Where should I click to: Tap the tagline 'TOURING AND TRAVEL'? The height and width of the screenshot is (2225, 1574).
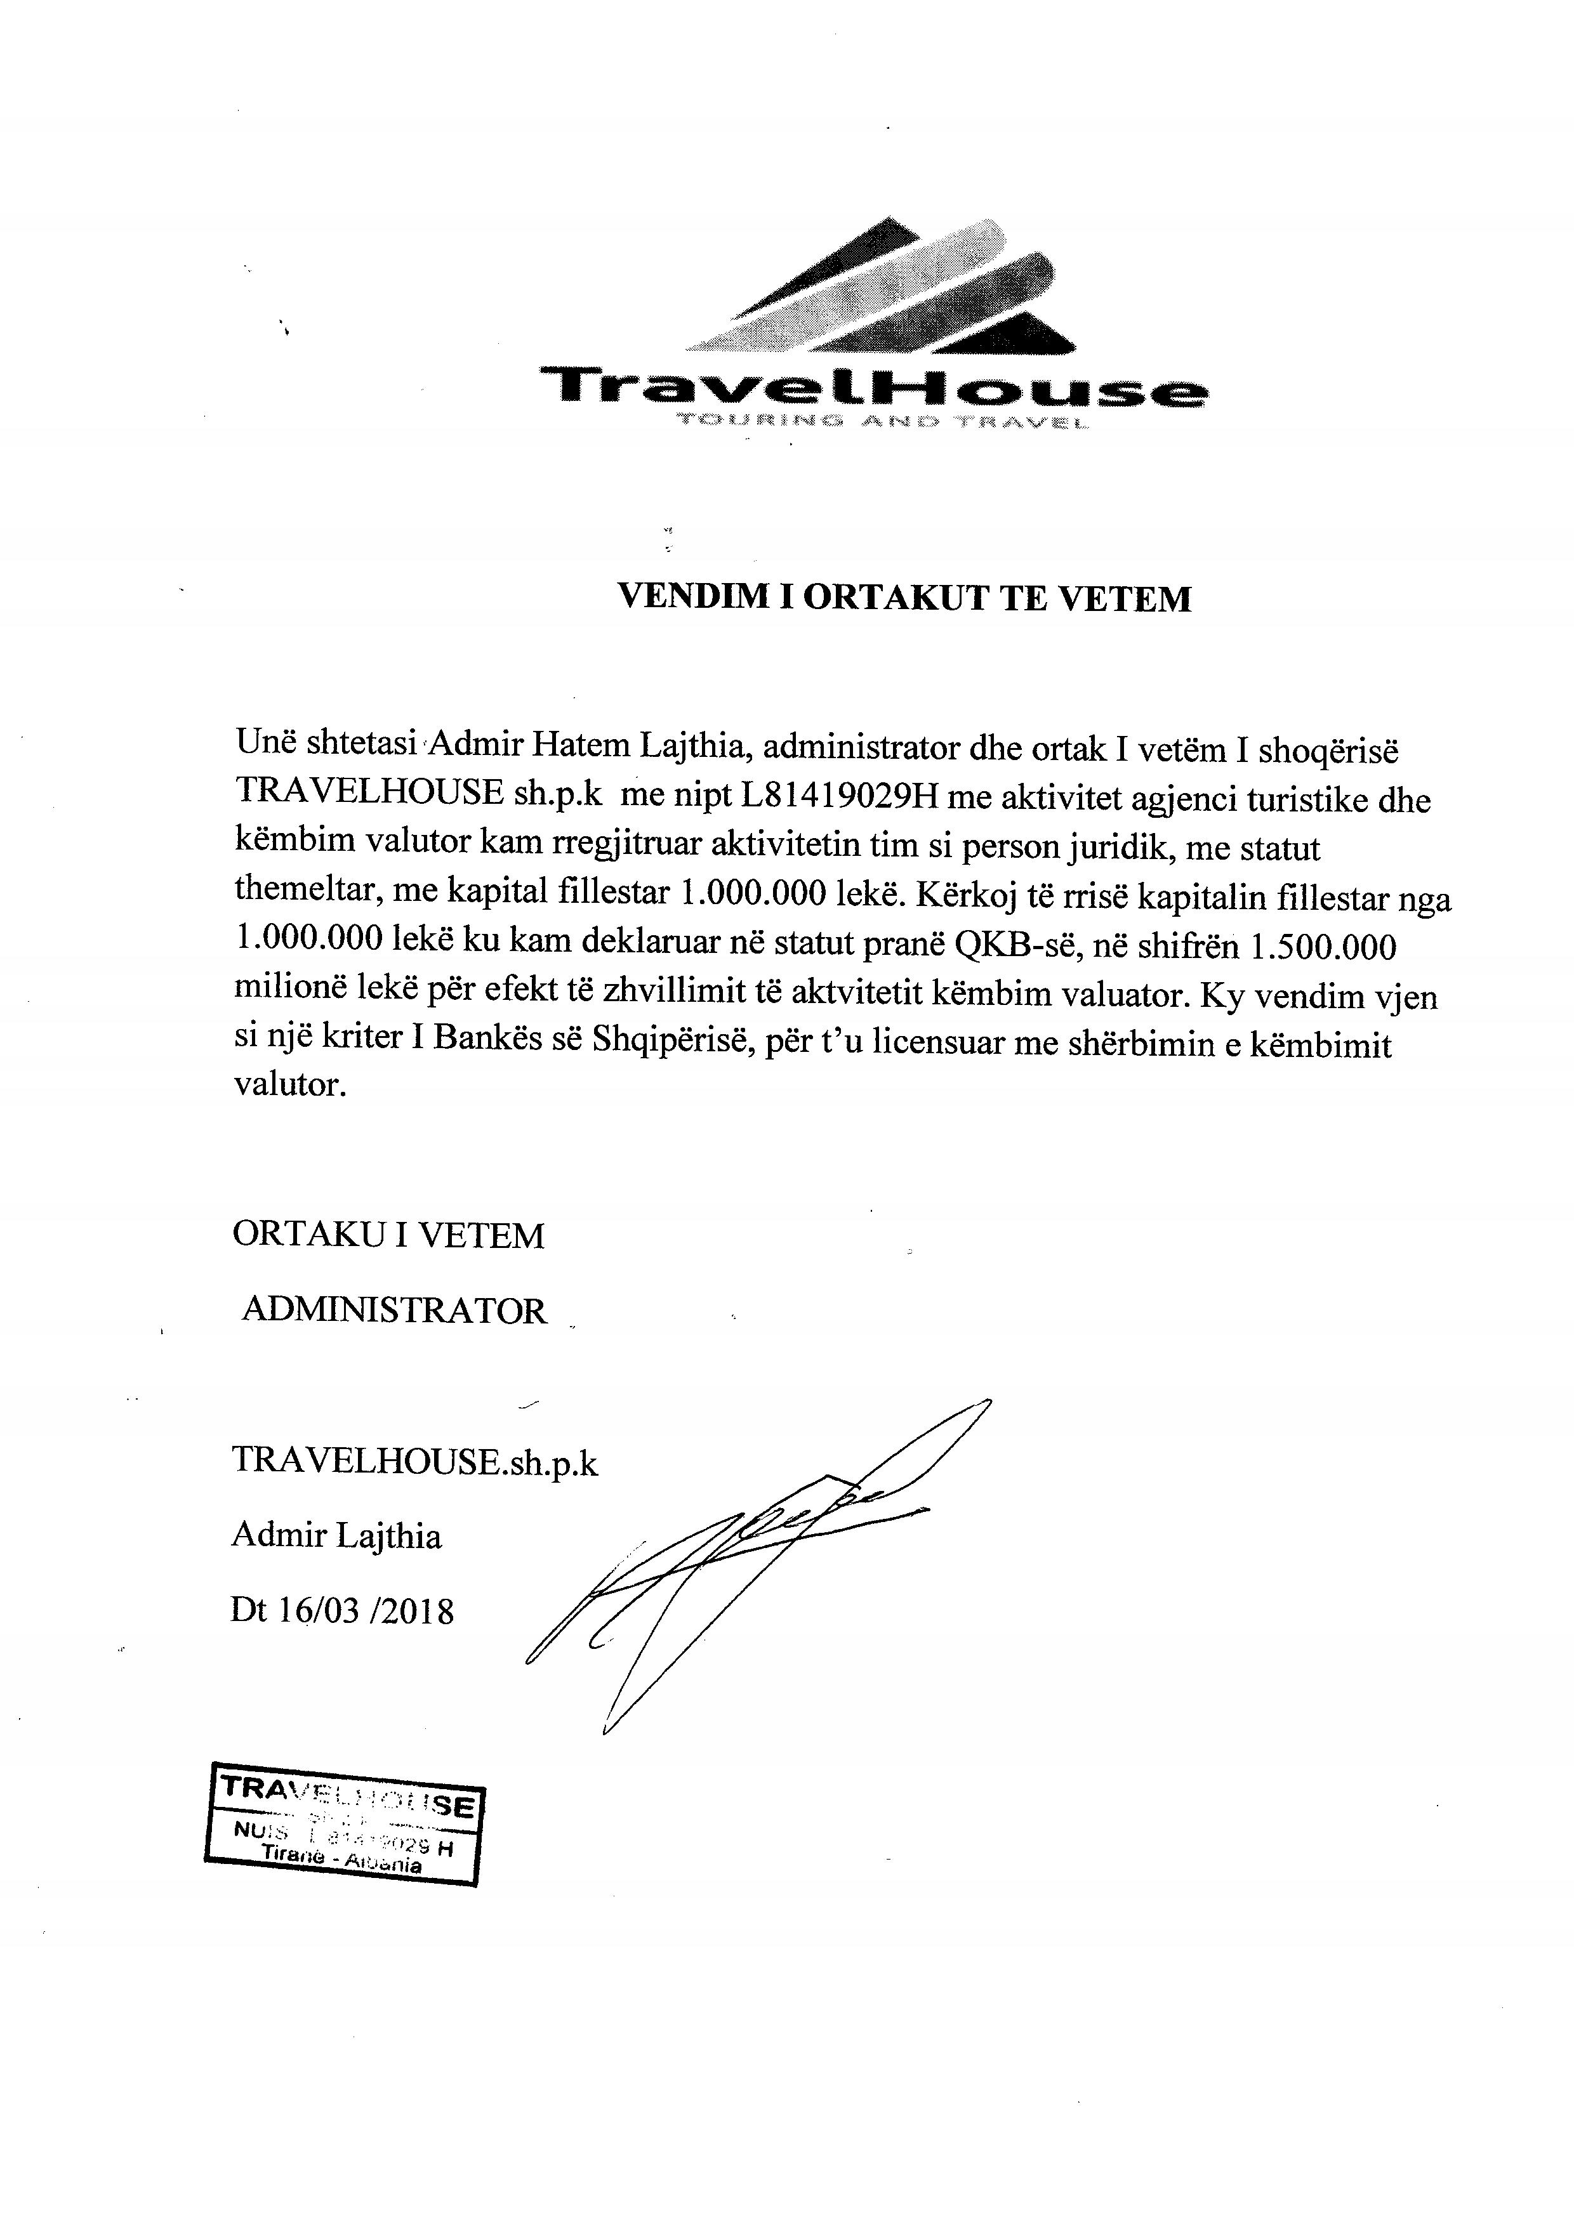[x=880, y=421]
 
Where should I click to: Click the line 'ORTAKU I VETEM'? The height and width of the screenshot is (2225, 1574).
[x=388, y=1235]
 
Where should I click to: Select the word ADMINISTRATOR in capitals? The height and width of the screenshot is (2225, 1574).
[x=395, y=1310]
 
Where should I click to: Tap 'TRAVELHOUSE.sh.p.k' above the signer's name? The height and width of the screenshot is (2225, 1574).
[x=415, y=1460]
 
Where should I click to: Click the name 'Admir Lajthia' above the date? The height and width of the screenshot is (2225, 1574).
[x=336, y=1536]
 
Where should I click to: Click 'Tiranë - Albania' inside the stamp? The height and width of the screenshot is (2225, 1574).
[x=341, y=1859]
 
